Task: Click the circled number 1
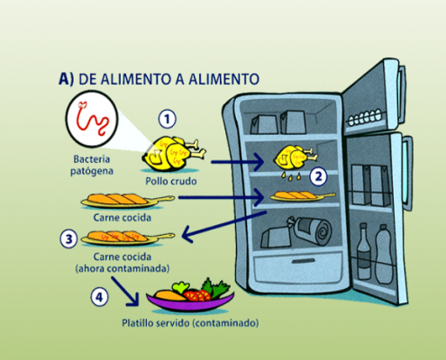click(x=168, y=119)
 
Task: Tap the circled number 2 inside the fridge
click(x=318, y=176)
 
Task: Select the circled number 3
click(x=68, y=239)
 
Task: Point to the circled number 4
click(x=99, y=297)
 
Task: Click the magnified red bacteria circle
click(x=92, y=119)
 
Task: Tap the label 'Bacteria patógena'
click(x=92, y=165)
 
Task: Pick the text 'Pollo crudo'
click(x=171, y=181)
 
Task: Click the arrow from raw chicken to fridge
click(x=237, y=162)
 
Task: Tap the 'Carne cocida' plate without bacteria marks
click(x=128, y=200)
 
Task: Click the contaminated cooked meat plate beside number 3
click(x=128, y=238)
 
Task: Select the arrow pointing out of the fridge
click(x=224, y=227)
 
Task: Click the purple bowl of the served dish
click(x=190, y=301)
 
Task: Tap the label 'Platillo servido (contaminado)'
click(x=190, y=323)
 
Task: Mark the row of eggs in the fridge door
click(x=365, y=117)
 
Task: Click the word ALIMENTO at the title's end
click(x=223, y=79)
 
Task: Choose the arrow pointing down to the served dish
click(x=125, y=292)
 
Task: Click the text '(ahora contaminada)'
click(x=123, y=268)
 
